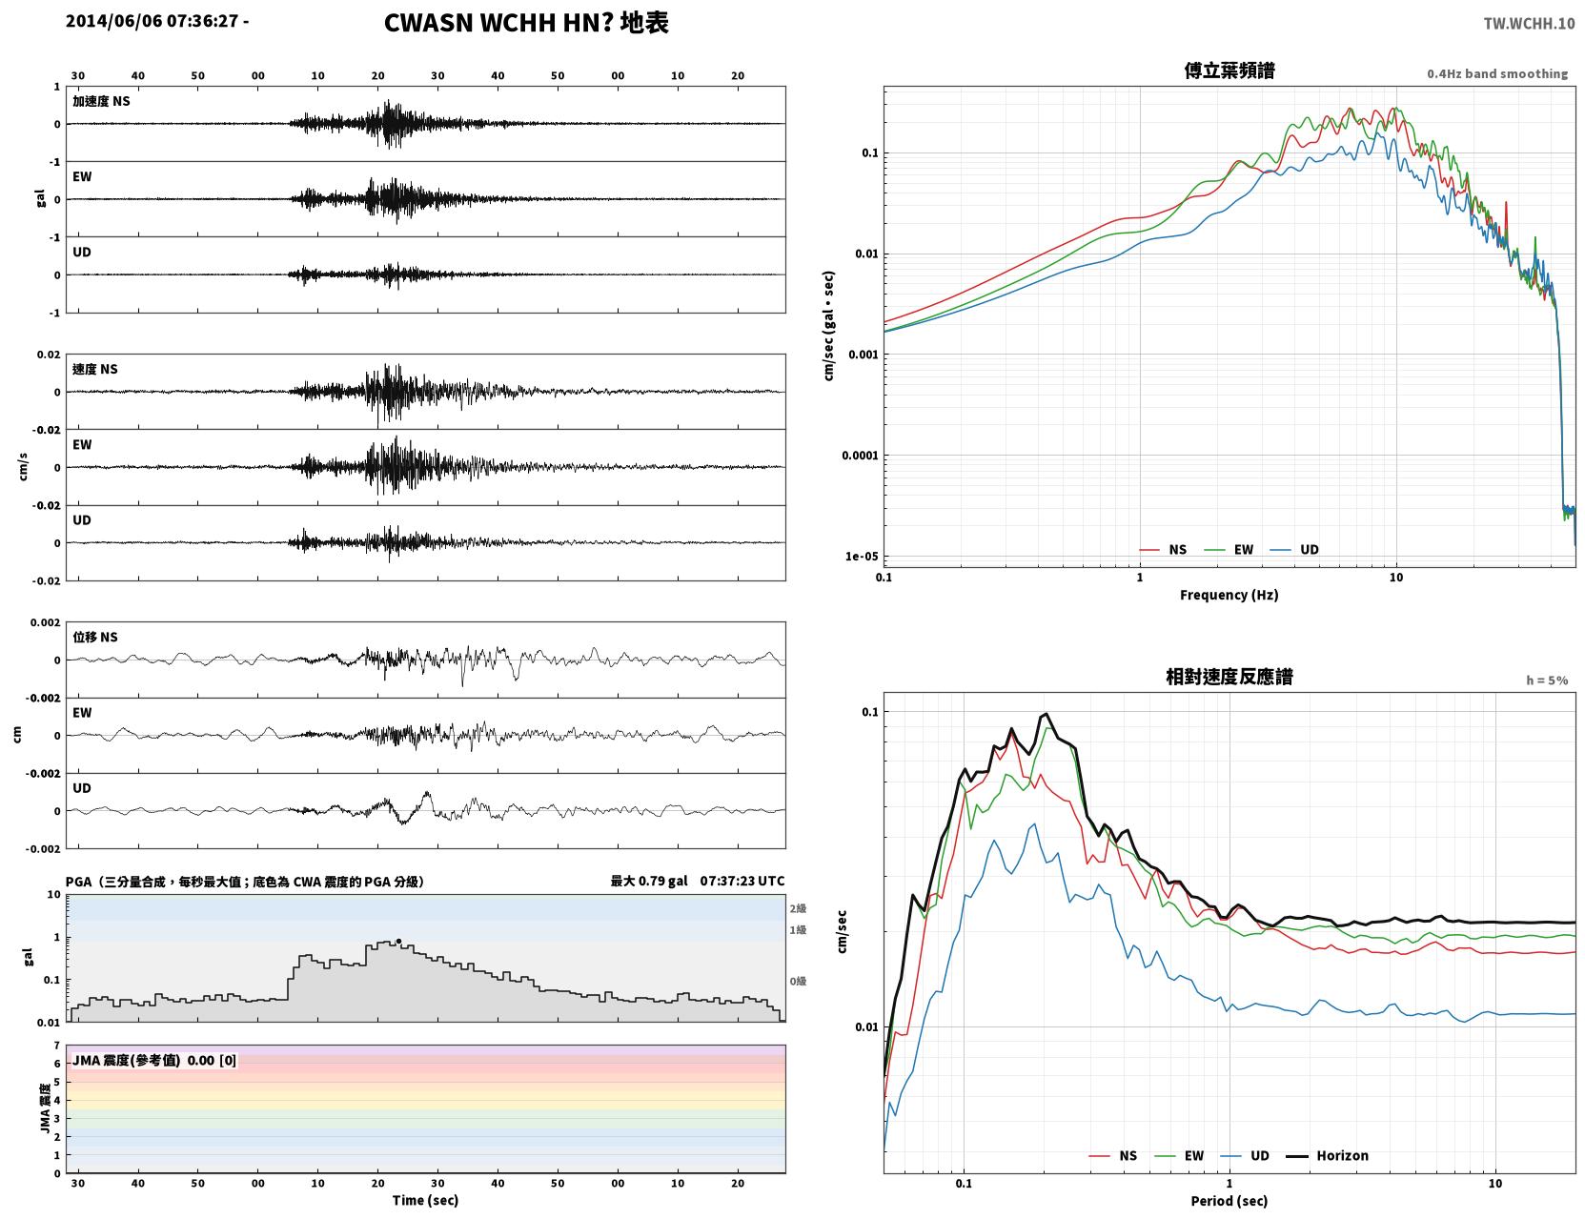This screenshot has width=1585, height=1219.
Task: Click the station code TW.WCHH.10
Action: (1529, 23)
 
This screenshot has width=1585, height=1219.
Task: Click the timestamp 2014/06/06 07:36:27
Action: (152, 20)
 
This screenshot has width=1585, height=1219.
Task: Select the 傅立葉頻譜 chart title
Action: (1229, 71)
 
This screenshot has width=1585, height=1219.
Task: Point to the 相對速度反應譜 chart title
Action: (1229, 677)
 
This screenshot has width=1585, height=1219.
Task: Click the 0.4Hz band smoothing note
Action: (1496, 73)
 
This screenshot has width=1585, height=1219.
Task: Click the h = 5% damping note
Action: (1546, 681)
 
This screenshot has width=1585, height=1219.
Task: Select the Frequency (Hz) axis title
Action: (1229, 595)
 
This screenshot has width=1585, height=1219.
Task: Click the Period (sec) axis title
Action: (1229, 1201)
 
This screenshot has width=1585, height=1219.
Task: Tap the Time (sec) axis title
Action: (425, 1200)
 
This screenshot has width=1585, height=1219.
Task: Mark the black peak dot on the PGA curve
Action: (398, 942)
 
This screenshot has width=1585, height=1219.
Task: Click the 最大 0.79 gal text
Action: (648, 881)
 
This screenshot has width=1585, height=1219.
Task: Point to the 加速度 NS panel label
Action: (101, 101)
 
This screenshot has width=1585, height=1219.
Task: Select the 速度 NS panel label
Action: (94, 369)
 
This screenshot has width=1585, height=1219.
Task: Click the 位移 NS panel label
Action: (94, 637)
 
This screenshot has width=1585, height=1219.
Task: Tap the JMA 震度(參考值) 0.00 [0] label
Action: (153, 1060)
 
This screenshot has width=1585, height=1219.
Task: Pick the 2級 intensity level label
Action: (798, 908)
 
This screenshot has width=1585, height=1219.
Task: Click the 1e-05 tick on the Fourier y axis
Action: (862, 557)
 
